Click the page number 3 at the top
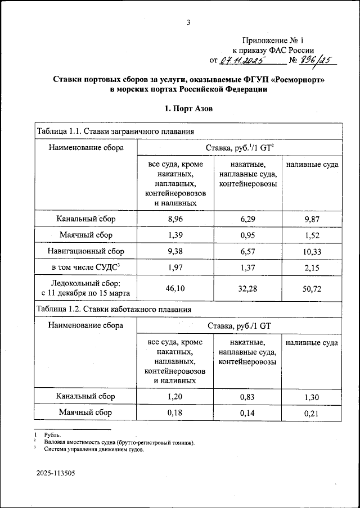tap(189, 22)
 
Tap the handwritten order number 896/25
tap(315, 60)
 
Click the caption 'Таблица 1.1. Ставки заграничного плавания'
tap(115, 132)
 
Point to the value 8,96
tap(175, 219)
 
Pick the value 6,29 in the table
tap(248, 219)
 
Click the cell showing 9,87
tap(312, 219)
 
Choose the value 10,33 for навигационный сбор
tap(312, 251)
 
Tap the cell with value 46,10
tap(175, 288)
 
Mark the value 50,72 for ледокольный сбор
tap(312, 288)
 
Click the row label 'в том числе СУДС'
tap(85, 267)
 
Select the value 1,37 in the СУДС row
tap(248, 267)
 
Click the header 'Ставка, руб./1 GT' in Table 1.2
tap(240, 325)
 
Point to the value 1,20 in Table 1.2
tap(175, 397)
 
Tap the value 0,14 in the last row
tap(248, 413)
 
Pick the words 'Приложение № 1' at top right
tap(272, 40)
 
